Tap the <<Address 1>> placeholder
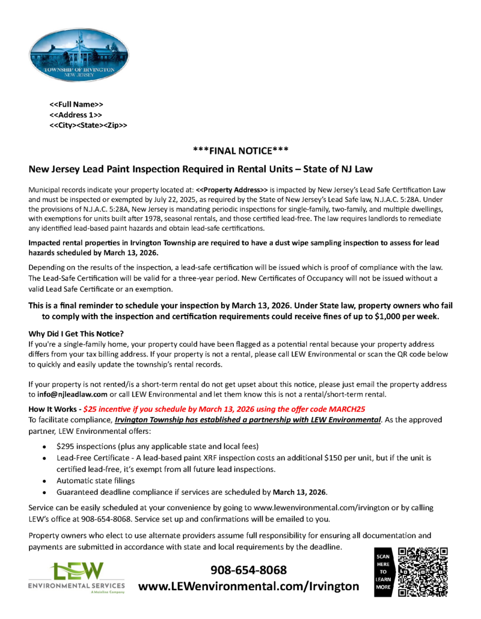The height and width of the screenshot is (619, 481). (75, 115)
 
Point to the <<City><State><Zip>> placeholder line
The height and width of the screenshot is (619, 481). (88, 125)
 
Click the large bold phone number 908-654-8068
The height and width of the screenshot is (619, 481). (248, 570)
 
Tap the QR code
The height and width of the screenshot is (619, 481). (424, 572)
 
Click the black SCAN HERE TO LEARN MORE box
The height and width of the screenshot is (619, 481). (383, 572)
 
